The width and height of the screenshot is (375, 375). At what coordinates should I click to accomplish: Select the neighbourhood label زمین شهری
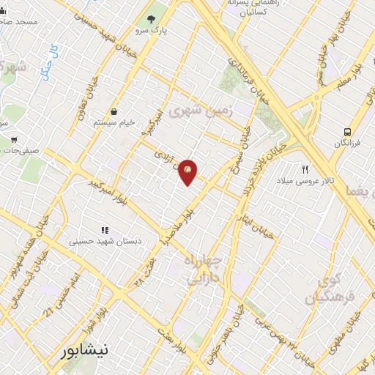(x=199, y=111)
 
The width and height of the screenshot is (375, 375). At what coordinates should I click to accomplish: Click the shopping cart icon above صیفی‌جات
(x=15, y=139)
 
